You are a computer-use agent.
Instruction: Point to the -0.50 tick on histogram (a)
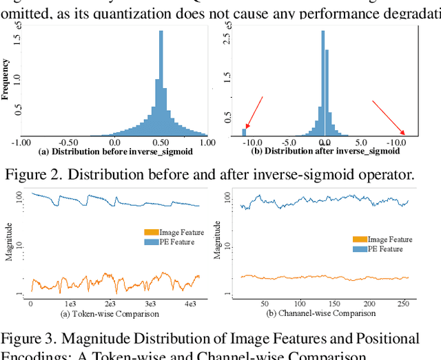(68, 141)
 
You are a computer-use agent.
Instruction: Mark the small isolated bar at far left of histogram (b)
(244, 131)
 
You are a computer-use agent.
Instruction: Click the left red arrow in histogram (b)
(254, 113)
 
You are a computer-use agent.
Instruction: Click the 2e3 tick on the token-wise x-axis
(110, 304)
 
